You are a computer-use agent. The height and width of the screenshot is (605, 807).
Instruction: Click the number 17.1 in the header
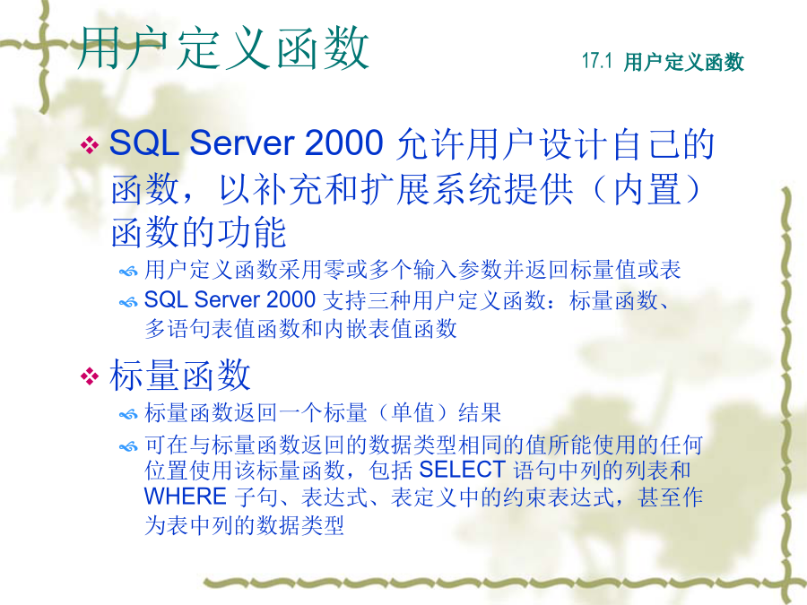coord(597,61)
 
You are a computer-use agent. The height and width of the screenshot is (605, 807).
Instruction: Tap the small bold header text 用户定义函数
coord(684,62)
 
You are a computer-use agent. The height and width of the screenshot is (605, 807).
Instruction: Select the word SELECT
coord(462,469)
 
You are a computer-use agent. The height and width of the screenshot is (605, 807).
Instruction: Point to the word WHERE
coord(186,497)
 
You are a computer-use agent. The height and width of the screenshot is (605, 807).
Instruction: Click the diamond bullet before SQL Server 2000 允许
coord(90,144)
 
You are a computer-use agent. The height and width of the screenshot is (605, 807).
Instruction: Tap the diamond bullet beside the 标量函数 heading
coord(90,376)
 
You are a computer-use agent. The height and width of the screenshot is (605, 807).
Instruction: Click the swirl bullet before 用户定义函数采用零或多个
coord(128,271)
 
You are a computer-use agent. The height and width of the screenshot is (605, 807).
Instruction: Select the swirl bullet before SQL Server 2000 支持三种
coord(128,302)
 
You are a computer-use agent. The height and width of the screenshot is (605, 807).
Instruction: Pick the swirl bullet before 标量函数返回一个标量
coord(128,414)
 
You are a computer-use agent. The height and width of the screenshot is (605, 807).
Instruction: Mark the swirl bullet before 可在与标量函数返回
coord(128,446)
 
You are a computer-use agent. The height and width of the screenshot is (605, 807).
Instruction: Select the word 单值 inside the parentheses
coord(413,412)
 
